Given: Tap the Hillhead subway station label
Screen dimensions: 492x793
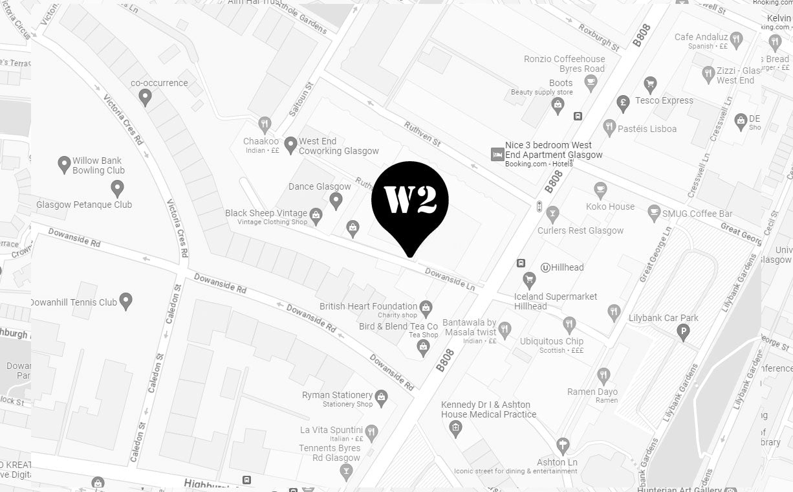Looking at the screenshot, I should [x=567, y=267].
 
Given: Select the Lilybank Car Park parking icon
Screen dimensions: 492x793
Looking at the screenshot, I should [x=682, y=333].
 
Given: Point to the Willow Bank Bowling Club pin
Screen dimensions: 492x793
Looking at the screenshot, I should [x=64, y=164].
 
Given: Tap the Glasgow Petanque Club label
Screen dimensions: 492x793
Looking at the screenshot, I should [x=84, y=205].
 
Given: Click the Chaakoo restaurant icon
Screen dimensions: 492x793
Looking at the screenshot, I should [x=264, y=124].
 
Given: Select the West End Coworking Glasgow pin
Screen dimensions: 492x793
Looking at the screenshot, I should [x=291, y=144].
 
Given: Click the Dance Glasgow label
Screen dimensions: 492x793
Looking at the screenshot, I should [x=320, y=186].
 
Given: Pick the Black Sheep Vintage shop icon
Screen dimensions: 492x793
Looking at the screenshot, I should [x=316, y=216].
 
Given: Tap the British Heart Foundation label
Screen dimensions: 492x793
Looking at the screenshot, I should [x=368, y=306].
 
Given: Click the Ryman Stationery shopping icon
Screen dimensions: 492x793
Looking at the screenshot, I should [x=381, y=397].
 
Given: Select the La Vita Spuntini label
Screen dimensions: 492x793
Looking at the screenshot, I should [x=331, y=430].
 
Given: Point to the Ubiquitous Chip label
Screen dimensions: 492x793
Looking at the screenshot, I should [x=552, y=341].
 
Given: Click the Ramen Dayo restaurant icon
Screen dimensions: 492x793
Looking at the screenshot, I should [x=603, y=375].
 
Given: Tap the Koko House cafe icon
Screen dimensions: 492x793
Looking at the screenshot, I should [x=600, y=190].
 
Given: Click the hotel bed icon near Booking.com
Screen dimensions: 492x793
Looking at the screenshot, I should [x=497, y=154].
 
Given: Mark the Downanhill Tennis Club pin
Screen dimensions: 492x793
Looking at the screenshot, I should [x=126, y=300].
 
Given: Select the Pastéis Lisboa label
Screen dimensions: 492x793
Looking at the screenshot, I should [x=647, y=129].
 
